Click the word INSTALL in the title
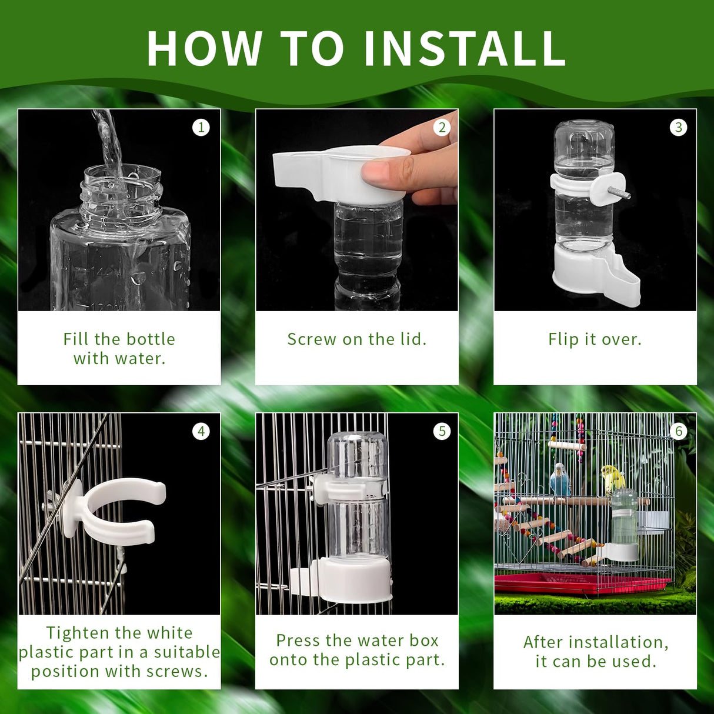pos(465,48)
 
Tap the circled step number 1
pos(201,127)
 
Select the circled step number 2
pos(442,127)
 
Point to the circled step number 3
pos(679,127)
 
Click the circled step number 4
pos(201,431)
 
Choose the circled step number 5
pos(442,431)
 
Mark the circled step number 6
pos(679,431)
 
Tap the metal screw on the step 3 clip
pos(620,193)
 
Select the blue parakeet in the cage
pos(560,479)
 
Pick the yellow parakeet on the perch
pos(612,478)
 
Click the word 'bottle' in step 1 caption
pos(150,339)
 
